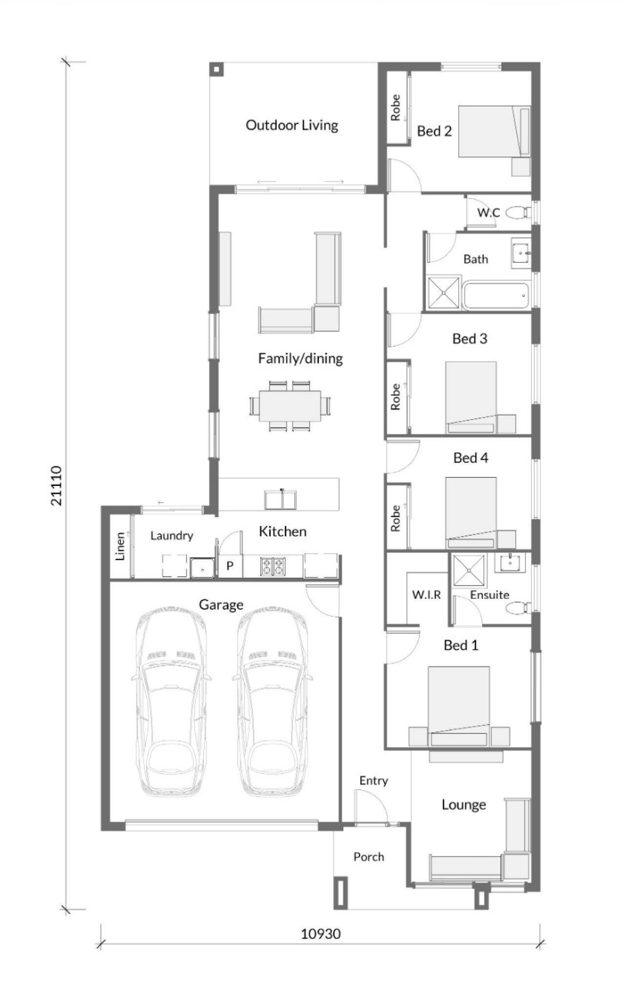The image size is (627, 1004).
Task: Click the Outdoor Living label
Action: [x=292, y=125]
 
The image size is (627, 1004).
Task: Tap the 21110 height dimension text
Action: [x=57, y=486]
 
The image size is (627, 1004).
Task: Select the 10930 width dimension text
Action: [x=321, y=934]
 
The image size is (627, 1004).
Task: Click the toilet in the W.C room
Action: [x=518, y=212]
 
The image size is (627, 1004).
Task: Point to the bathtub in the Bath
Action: [x=496, y=295]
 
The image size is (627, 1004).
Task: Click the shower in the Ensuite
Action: [x=469, y=570]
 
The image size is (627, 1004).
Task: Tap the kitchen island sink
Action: [x=280, y=500]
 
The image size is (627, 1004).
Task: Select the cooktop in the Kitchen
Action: [x=273, y=566]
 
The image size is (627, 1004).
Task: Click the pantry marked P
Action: [x=230, y=566]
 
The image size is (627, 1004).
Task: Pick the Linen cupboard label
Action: [x=120, y=546]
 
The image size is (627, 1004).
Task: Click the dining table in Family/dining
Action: [x=290, y=406]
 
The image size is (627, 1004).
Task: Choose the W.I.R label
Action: [x=426, y=594]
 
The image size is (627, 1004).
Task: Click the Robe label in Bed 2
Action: [x=396, y=107]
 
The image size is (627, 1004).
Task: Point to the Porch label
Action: [x=369, y=857]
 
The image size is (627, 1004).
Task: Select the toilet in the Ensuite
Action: [x=518, y=608]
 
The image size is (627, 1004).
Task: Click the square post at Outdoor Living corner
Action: [x=216, y=69]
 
